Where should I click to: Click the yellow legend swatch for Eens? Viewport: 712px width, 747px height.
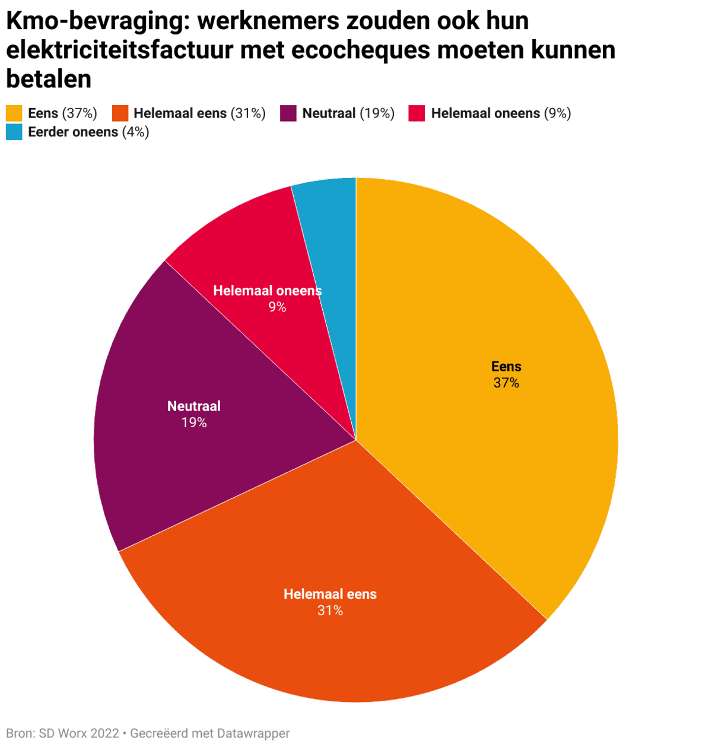[x=14, y=113]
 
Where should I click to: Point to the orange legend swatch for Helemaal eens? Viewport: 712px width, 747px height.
[x=120, y=113]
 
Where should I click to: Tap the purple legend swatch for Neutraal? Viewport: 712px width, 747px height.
[x=288, y=113]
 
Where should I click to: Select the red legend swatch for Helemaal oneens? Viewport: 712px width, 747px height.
[x=417, y=113]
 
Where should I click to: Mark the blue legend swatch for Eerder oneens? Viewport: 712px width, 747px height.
[x=14, y=132]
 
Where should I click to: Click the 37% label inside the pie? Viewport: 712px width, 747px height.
[x=506, y=383]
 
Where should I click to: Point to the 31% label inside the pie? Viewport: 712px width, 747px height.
[x=330, y=611]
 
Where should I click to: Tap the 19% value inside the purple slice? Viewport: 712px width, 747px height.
[x=194, y=422]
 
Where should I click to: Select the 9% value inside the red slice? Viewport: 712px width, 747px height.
[x=277, y=307]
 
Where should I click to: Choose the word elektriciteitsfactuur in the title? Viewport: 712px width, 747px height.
[x=120, y=50]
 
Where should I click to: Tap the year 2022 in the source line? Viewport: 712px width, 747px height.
[x=104, y=733]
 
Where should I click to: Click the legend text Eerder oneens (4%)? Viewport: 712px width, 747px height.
[x=88, y=132]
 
